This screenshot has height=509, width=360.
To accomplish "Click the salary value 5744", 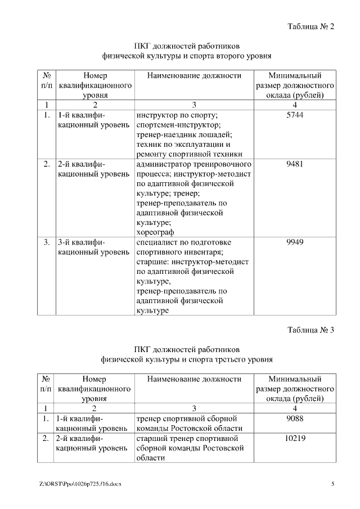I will click(x=295, y=115).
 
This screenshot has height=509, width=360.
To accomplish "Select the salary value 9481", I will click(x=295, y=164).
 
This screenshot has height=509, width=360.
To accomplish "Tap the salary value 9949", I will click(x=295, y=242).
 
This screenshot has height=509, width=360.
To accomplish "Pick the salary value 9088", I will click(x=295, y=418).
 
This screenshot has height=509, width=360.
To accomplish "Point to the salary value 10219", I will click(x=295, y=438).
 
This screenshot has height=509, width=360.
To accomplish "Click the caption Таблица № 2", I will click(x=311, y=26).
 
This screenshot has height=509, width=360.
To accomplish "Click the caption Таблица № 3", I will click(x=311, y=330).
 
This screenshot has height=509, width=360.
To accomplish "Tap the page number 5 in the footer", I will click(x=332, y=484).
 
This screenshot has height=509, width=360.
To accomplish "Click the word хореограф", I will click(x=155, y=232).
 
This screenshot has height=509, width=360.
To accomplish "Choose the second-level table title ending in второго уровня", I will click(x=187, y=56).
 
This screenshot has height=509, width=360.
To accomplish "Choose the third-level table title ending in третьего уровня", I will click(x=187, y=359).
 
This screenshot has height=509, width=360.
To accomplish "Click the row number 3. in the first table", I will click(x=47, y=242).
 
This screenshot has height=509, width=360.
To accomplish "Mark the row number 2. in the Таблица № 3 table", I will click(x=47, y=438).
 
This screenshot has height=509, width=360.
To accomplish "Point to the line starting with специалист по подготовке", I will click(x=184, y=242).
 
